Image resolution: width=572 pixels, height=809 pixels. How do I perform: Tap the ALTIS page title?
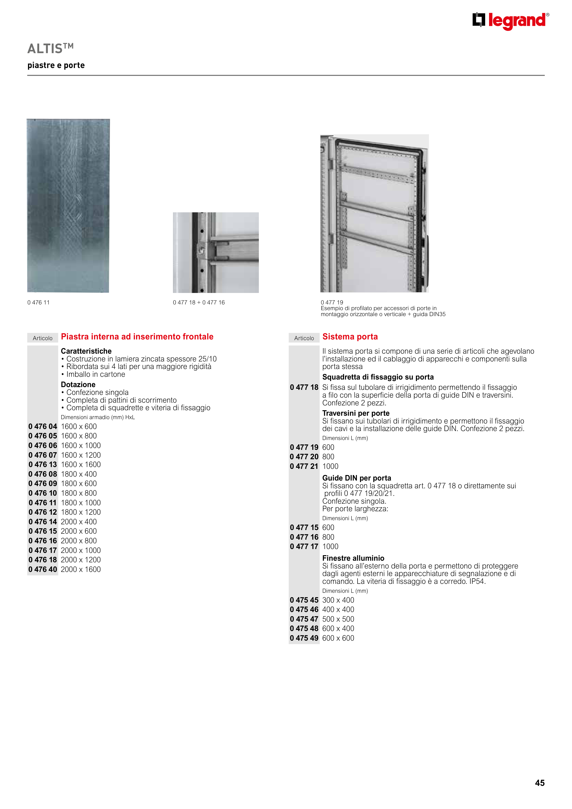[50, 48]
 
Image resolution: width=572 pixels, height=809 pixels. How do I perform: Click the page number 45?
[539, 783]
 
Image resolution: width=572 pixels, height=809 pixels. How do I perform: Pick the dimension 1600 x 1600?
[81, 465]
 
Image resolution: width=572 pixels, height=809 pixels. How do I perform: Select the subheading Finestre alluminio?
[353, 558]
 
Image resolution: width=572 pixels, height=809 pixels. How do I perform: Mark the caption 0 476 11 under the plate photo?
[38, 302]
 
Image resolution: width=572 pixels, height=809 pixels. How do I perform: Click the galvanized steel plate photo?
[68, 206]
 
